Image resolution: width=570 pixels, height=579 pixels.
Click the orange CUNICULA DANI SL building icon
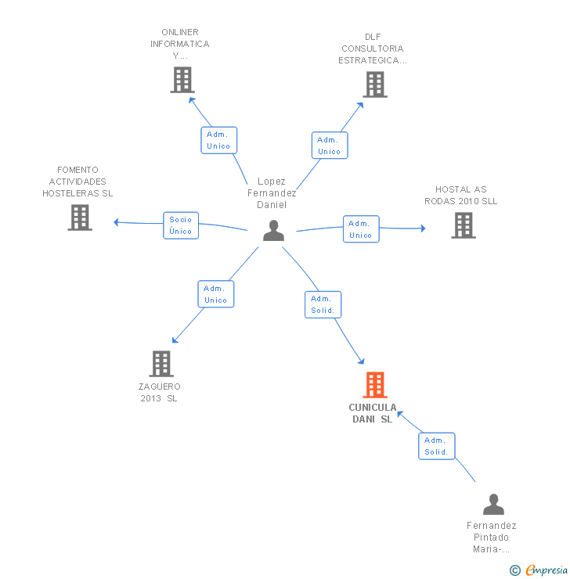(x=375, y=385)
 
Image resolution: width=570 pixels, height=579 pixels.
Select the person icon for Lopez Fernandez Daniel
(x=273, y=231)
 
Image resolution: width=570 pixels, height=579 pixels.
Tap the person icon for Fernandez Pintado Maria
(x=493, y=504)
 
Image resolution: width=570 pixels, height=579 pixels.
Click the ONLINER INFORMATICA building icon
(x=182, y=80)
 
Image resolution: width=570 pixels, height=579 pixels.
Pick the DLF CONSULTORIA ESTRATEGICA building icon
(x=375, y=85)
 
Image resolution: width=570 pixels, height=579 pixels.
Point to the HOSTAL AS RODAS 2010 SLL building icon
(x=464, y=225)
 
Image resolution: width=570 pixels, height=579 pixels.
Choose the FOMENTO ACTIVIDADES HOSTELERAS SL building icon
(x=80, y=218)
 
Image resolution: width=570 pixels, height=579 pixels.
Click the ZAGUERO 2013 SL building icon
(x=161, y=364)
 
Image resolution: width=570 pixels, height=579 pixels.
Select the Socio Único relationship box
(x=180, y=225)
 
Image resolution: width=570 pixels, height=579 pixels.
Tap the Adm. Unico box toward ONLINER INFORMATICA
(x=218, y=140)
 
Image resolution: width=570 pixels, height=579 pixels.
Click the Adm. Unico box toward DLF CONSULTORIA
(x=330, y=146)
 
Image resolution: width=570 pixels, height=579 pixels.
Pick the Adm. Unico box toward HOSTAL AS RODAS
(x=360, y=229)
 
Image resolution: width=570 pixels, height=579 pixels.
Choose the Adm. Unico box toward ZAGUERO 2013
(x=215, y=294)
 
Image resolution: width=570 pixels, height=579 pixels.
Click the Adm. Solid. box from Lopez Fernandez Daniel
(x=323, y=304)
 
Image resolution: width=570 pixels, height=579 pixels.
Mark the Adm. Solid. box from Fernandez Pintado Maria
(x=436, y=446)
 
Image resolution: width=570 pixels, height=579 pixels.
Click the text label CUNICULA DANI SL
(x=372, y=413)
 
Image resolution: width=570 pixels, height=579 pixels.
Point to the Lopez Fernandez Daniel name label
(x=272, y=193)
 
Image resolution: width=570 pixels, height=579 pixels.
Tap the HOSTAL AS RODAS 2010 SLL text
(x=461, y=195)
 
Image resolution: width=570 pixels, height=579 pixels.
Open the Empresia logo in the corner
(x=539, y=570)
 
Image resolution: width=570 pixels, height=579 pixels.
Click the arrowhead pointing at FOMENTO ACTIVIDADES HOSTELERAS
(x=117, y=222)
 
